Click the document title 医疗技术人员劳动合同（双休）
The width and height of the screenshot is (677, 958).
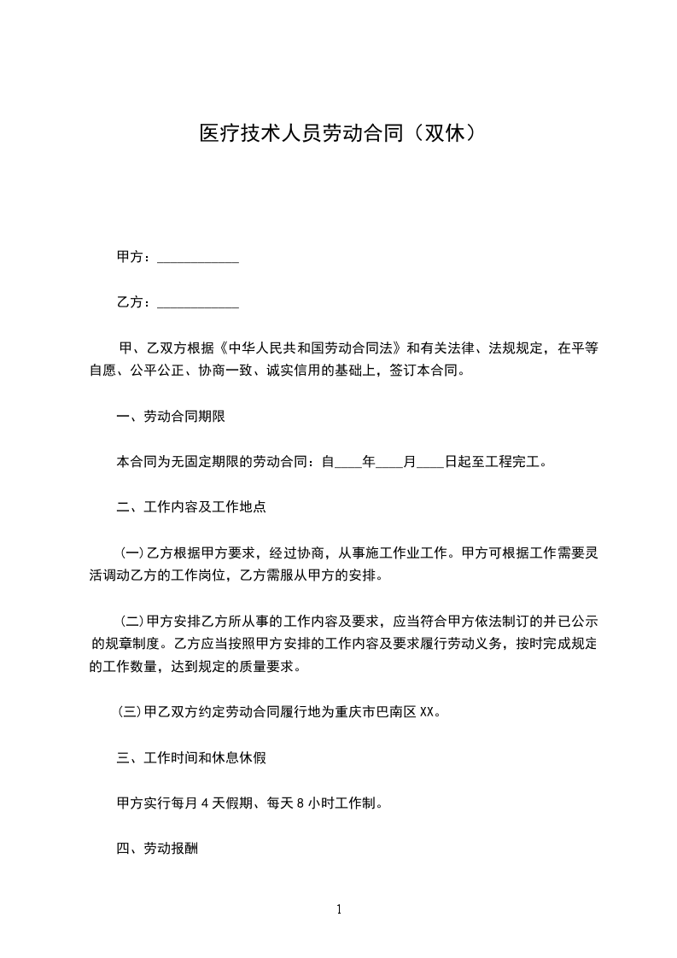click(338, 133)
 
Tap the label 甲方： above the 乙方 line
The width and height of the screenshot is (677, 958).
click(135, 258)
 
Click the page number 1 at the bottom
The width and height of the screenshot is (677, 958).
click(339, 909)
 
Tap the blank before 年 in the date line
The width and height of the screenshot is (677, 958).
click(348, 463)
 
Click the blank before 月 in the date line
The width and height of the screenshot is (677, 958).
click(389, 463)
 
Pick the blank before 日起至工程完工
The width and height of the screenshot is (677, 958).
click(430, 463)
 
